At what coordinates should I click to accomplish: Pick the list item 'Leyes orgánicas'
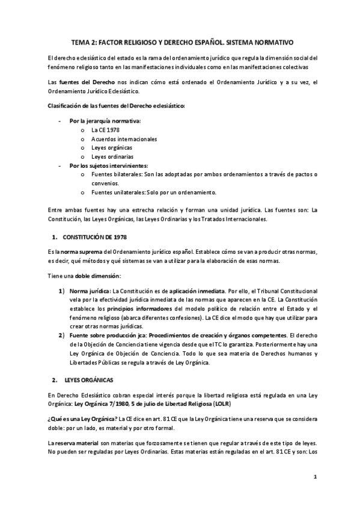112,147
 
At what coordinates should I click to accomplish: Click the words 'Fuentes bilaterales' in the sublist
117,174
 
